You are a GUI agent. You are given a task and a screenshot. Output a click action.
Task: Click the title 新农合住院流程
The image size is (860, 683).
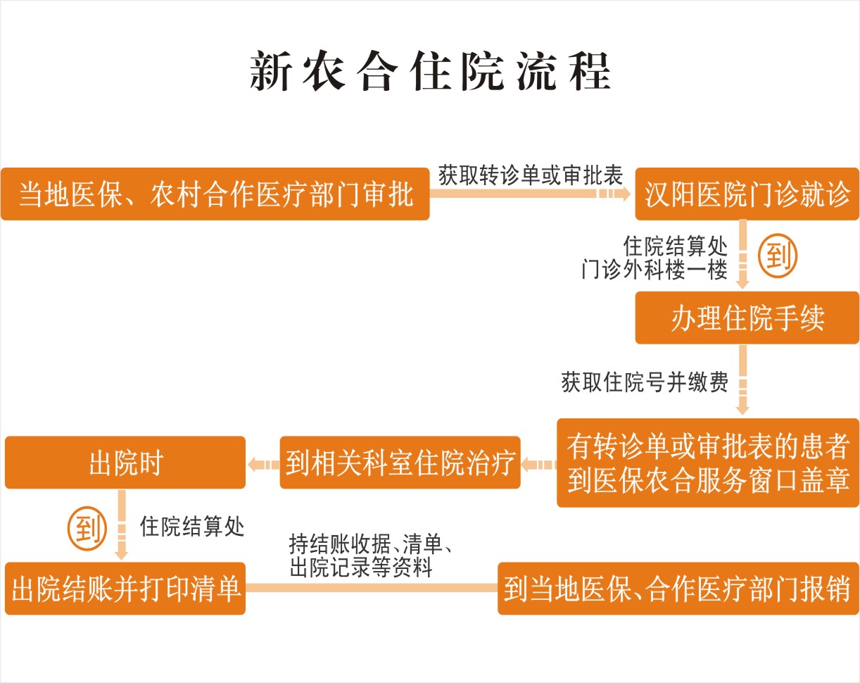coord(430,71)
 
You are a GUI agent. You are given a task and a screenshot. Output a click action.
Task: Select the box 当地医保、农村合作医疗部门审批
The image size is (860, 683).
coord(215,194)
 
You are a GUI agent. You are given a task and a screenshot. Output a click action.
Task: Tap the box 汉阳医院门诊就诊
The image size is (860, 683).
coord(747,194)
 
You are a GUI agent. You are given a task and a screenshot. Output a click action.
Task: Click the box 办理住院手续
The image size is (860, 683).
coord(747,318)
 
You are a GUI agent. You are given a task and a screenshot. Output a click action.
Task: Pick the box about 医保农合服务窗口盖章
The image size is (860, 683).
coord(708,463)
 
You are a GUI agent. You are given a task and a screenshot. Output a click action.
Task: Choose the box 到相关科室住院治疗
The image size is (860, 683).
coord(400,463)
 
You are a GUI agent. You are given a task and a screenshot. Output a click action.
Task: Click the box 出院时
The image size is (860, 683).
coord(125,463)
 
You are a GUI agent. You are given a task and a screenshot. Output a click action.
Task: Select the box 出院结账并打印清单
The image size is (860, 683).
coord(125,588)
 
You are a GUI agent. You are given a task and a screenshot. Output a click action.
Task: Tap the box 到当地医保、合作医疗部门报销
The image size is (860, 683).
coord(678,588)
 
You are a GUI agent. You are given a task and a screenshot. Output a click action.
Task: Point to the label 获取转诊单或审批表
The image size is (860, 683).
coord(531,175)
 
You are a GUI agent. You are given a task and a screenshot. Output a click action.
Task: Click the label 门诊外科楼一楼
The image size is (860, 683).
coord(655,270)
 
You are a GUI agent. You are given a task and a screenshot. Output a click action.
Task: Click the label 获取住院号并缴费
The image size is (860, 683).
coord(644,382)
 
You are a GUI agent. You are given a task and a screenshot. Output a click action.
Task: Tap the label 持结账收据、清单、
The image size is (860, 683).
coord(370,544)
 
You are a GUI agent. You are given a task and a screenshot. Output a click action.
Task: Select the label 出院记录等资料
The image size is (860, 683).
coord(361,567)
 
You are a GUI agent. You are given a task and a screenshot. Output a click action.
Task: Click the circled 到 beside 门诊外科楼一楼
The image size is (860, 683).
coord(778,256)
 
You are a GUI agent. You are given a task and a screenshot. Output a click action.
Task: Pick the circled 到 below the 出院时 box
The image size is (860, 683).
coord(87,529)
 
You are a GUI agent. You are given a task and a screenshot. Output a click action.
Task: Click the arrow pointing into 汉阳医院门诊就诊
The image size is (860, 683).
coord(530,194)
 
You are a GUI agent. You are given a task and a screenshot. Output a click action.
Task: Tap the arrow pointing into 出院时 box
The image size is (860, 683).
coord(263,465)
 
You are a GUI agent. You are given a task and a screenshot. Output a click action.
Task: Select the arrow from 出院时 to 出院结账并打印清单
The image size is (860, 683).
coord(122,525)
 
